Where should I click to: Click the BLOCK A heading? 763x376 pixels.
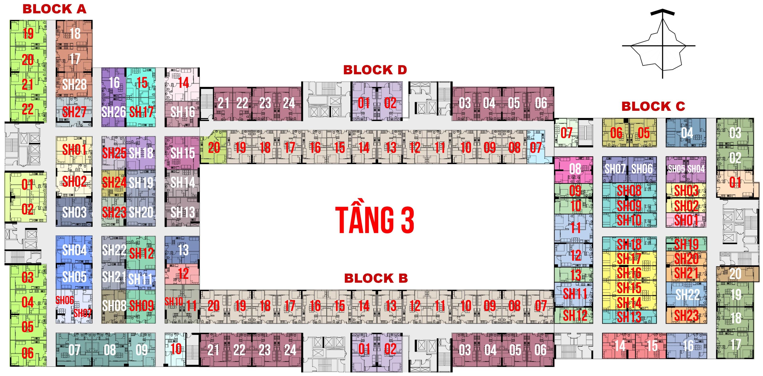54,9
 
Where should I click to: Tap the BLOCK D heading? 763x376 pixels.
375,70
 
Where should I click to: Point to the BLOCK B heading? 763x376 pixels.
376,278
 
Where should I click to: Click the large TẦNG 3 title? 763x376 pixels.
375,220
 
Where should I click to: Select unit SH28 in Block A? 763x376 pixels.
74,85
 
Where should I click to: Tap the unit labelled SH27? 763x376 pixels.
74,112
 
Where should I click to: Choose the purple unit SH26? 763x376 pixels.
114,112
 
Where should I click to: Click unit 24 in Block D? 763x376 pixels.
289,103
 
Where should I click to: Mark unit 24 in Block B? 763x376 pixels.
290,350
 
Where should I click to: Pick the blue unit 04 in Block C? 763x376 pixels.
687,133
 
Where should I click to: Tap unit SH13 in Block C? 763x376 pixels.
629,317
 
